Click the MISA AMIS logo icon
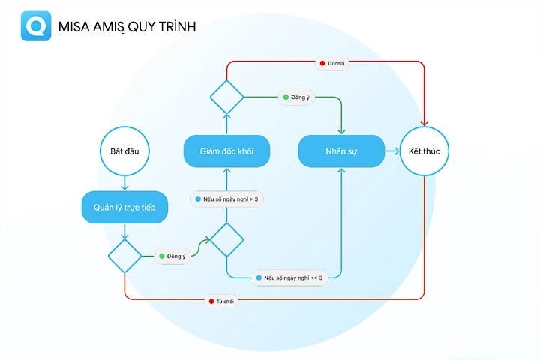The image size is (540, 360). (x=36, y=25)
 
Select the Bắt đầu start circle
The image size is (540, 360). (x=124, y=151)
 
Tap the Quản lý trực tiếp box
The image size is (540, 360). (x=124, y=208)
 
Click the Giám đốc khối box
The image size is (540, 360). (x=226, y=151)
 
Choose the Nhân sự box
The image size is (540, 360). (x=341, y=151)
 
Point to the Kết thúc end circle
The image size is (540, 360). (x=424, y=151)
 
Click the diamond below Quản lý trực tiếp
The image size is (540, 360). (x=124, y=256)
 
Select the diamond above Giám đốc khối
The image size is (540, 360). (x=226, y=97)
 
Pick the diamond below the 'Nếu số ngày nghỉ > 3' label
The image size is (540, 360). (x=226, y=240)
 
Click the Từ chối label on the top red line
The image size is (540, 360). (x=332, y=64)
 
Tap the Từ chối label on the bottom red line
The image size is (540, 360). (x=221, y=301)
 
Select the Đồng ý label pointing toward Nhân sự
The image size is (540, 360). (x=296, y=97)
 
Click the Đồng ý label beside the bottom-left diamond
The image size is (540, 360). (x=172, y=256)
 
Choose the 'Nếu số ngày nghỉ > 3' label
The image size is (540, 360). (x=226, y=199)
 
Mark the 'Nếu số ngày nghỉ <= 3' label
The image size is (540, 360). (x=289, y=277)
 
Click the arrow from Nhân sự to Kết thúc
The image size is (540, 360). (x=392, y=151)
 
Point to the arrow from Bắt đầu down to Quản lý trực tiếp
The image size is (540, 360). (x=124, y=183)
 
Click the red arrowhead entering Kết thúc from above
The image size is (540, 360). (x=424, y=123)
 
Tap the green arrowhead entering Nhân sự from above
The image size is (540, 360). (x=341, y=131)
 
